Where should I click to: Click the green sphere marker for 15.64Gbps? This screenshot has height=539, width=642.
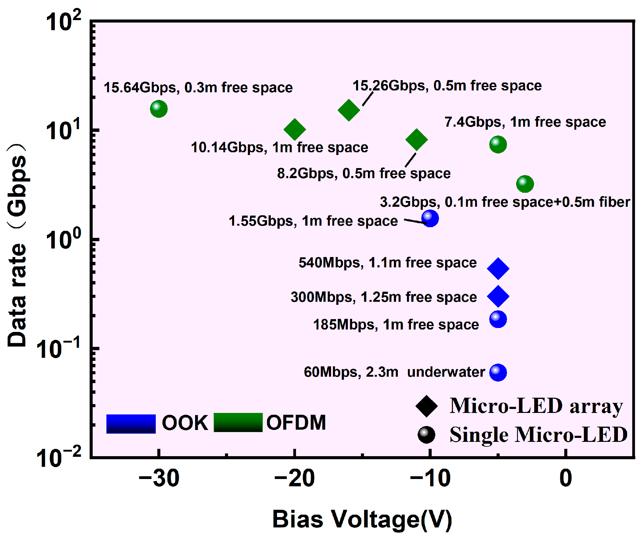159,108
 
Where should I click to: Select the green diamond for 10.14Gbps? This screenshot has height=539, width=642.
294,129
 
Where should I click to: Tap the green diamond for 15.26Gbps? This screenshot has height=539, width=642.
349,110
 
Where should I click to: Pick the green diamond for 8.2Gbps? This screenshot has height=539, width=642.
417,139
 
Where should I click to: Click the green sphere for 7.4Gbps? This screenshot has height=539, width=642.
498,144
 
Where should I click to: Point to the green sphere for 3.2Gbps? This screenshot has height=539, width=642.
525,184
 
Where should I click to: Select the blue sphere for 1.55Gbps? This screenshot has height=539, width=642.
430,218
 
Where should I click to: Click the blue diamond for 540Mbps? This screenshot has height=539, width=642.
498,268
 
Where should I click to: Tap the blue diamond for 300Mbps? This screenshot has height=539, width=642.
498,296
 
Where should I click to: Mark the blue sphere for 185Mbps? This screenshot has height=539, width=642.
498,319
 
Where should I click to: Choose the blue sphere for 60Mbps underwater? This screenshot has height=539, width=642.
498,372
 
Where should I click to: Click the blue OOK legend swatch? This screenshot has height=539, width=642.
131,424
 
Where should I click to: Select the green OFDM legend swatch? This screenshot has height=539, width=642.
238,422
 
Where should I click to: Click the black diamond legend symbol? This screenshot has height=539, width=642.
426,406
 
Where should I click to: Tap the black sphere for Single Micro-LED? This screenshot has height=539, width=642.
426,435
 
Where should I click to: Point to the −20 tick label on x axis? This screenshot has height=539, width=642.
294,478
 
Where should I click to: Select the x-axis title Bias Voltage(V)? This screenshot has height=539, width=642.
362,519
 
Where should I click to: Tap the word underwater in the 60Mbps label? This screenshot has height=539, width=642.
446,372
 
